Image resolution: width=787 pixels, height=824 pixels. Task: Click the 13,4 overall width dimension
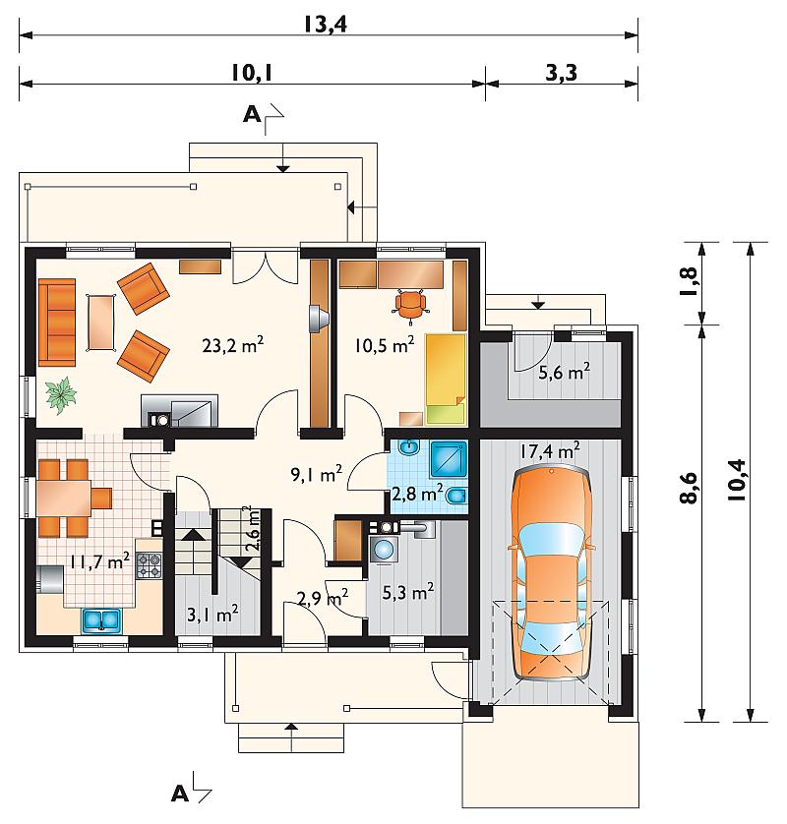point(326,25)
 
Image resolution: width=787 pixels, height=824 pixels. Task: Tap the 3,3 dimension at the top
point(561,73)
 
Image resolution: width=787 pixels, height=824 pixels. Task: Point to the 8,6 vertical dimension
point(689,488)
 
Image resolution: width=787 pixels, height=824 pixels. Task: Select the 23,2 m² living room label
point(233,345)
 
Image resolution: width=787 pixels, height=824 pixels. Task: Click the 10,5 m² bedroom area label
point(385,345)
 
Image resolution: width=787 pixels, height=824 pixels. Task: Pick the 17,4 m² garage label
point(551,451)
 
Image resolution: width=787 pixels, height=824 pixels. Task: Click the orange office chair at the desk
point(410,304)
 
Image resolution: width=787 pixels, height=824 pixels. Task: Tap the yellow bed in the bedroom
point(446,379)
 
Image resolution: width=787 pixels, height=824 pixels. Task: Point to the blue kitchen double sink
point(101,619)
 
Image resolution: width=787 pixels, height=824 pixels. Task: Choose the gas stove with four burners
point(149,565)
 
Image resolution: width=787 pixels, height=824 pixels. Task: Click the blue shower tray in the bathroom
point(449,460)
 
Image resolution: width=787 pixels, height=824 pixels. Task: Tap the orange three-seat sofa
point(57,323)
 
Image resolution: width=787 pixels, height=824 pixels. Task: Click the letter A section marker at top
point(252,114)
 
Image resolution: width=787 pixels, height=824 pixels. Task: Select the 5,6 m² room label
point(564,372)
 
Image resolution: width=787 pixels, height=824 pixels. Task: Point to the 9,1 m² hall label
point(317,474)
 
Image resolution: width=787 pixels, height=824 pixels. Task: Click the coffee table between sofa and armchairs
point(101,323)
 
